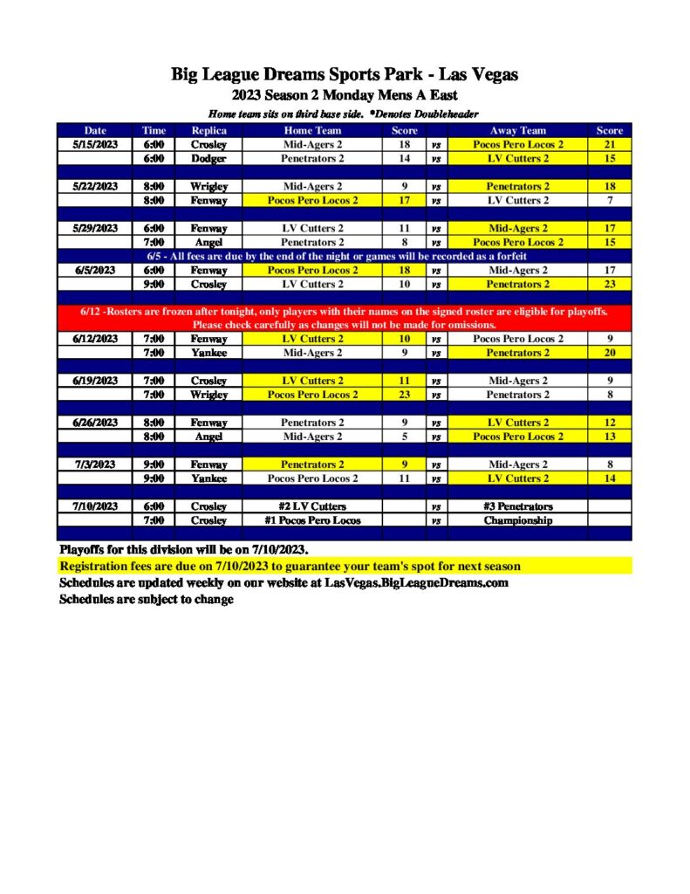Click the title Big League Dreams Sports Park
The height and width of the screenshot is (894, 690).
click(x=345, y=75)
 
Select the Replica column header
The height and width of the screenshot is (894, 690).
click(x=208, y=131)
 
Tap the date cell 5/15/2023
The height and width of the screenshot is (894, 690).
click(x=94, y=145)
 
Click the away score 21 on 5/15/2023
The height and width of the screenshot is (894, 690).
click(x=609, y=145)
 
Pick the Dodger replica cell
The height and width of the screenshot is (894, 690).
click(x=208, y=159)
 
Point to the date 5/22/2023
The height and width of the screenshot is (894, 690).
click(x=94, y=187)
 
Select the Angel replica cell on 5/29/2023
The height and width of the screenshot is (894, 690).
click(x=208, y=243)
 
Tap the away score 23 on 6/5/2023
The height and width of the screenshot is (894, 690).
click(x=609, y=285)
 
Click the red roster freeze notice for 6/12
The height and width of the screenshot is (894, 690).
click(x=345, y=318)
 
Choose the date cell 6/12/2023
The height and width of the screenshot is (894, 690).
click(x=94, y=339)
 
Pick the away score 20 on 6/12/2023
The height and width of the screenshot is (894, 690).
click(x=609, y=353)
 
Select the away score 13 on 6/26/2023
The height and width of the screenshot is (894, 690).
click(x=609, y=437)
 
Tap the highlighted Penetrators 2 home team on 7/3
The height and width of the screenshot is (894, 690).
click(x=312, y=464)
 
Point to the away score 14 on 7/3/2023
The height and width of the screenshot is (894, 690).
click(x=609, y=478)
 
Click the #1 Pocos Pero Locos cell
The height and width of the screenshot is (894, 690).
click(x=312, y=520)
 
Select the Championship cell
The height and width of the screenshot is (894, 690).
click(x=517, y=520)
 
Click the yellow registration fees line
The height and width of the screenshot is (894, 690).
click(x=290, y=566)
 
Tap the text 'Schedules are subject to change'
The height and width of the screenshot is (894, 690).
click(x=146, y=600)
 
